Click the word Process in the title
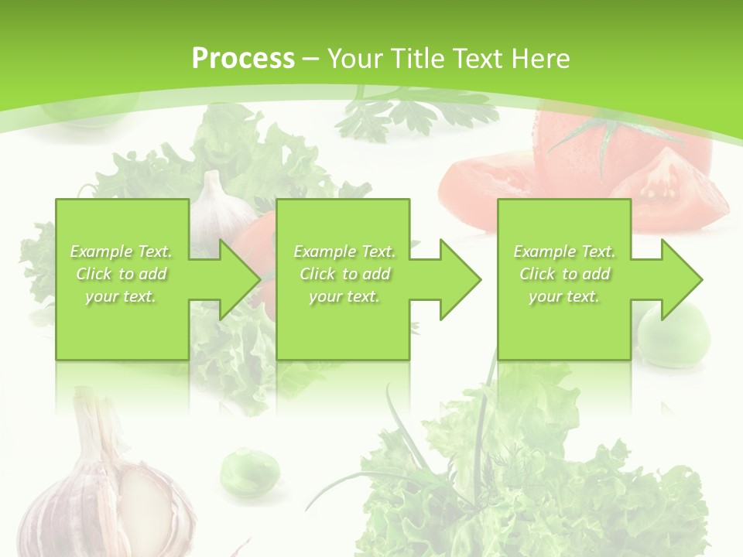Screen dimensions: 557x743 [243, 59]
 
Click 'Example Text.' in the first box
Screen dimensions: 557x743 [122, 251]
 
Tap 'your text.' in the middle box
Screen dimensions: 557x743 [344, 296]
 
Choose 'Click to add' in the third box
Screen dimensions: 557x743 [564, 274]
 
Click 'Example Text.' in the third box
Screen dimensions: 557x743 [564, 251]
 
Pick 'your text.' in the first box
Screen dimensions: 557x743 [122, 296]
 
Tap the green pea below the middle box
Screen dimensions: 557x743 [249, 471]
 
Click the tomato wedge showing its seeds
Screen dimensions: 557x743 [666, 186]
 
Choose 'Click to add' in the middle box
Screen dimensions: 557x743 [344, 274]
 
